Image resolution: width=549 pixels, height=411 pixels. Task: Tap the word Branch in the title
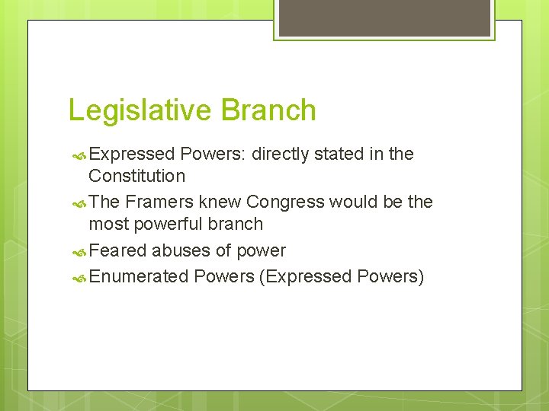click(268, 110)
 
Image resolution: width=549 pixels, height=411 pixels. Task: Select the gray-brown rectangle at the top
click(383, 18)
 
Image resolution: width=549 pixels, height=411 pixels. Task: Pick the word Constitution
click(137, 176)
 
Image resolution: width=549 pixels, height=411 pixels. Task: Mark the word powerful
click(162, 225)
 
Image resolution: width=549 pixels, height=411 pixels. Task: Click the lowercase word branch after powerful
click(235, 225)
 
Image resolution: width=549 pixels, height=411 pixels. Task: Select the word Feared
click(118, 251)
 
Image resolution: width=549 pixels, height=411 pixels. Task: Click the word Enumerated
click(139, 276)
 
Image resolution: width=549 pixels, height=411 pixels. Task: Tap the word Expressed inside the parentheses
click(306, 276)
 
